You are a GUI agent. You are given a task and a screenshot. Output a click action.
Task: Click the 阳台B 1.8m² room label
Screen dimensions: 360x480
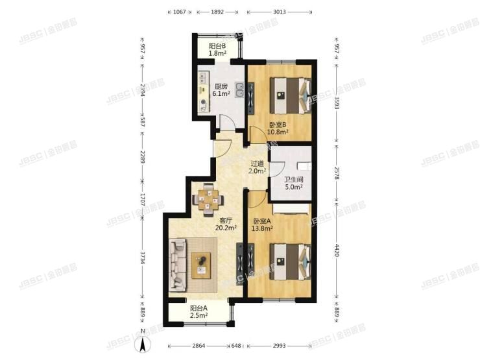pyautogui.click(x=217, y=49)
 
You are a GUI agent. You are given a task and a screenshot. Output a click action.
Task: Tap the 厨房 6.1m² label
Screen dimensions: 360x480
pyautogui.click(x=221, y=90)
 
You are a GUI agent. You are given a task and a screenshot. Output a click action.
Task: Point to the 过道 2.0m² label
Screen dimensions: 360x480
pyautogui.click(x=258, y=167)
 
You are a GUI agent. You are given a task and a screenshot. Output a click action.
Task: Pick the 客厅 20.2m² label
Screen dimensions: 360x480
pyautogui.click(x=226, y=223)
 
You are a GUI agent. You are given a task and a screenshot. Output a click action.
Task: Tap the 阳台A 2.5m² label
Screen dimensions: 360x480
pyautogui.click(x=198, y=311)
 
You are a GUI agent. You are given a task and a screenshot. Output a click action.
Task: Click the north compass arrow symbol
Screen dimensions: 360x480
pyautogui.click(x=145, y=341)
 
